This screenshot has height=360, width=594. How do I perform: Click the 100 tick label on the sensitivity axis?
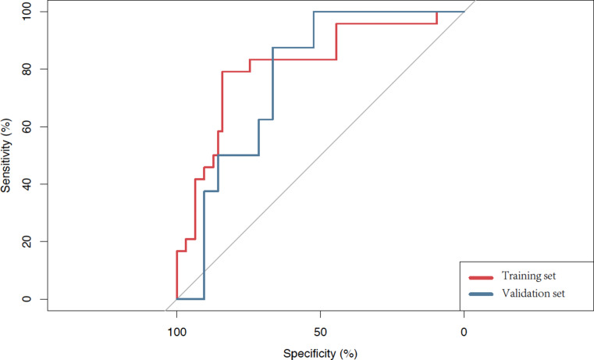click(26, 12)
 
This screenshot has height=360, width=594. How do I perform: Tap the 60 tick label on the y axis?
click(26, 127)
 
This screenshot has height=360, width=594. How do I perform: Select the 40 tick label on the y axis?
click(26, 184)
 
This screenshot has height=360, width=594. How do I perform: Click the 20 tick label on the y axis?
click(26, 241)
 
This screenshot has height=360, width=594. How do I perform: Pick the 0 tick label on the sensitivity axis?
click(26, 299)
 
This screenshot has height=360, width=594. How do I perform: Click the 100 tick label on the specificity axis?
click(177, 333)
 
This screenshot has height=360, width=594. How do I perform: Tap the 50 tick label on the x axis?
click(321, 333)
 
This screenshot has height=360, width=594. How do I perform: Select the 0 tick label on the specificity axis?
click(464, 333)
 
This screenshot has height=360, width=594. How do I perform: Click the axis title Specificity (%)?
click(320, 354)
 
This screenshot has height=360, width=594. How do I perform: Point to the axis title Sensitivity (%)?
click(5, 155)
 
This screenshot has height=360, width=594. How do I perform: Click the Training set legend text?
click(529, 276)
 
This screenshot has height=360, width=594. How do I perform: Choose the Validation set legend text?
click(533, 294)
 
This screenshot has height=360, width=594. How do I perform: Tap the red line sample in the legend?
click(481, 278)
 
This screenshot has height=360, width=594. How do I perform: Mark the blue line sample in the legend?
click(481, 294)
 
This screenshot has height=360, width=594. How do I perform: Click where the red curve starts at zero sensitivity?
click(177, 299)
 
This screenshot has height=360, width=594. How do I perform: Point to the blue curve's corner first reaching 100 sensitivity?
click(314, 12)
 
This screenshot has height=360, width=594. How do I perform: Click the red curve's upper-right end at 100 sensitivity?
click(437, 12)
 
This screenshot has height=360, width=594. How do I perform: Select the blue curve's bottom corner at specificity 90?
click(205, 299)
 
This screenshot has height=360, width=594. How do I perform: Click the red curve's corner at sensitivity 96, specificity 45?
click(336, 24)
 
